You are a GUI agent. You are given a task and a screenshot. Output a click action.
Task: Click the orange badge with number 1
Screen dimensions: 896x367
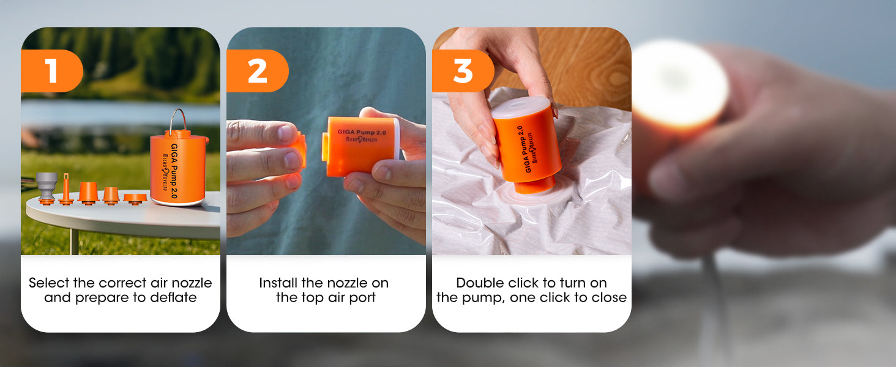tap(51, 71)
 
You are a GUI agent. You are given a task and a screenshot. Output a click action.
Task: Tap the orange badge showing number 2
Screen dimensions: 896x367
tap(257, 71)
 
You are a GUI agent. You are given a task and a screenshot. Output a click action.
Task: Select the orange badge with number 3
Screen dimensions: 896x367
tap(463, 71)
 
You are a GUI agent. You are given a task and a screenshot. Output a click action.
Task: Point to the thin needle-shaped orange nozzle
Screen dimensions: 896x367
tap(66, 190)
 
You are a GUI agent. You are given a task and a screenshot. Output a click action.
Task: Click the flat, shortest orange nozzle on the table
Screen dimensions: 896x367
tap(135, 199)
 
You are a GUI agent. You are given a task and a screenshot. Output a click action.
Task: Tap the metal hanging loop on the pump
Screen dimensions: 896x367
tap(178, 120)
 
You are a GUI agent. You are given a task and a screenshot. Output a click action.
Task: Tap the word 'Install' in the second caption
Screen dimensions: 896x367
tap(278, 283)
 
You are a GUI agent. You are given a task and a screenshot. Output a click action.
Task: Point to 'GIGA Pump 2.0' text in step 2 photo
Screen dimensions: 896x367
tap(361, 132)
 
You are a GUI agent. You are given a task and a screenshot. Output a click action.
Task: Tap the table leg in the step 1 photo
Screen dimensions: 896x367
tap(74, 241)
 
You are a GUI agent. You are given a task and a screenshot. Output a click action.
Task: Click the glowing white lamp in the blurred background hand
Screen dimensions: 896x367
tap(679, 84)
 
